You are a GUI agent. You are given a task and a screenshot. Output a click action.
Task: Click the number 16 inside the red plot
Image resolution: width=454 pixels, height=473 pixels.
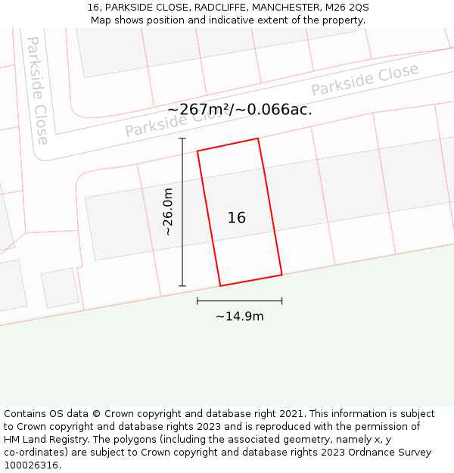(236, 218)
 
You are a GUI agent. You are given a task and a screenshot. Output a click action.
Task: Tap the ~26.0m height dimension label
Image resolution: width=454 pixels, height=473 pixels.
(168, 212)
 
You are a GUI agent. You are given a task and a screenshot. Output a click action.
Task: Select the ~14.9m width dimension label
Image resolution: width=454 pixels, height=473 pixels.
(240, 316)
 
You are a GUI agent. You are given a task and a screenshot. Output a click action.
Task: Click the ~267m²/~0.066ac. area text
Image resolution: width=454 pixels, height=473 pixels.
(240, 109)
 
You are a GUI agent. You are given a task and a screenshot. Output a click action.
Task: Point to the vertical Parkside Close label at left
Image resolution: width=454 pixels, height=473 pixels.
(37, 90)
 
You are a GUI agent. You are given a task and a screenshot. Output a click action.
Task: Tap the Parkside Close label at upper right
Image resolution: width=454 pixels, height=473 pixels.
(365, 80)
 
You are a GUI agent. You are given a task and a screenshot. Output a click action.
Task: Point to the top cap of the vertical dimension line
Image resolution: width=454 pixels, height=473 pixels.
(182, 138)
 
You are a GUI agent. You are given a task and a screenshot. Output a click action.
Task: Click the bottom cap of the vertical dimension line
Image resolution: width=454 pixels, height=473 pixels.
(182, 286)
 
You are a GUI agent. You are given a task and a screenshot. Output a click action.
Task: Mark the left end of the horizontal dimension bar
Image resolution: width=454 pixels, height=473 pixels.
(197, 300)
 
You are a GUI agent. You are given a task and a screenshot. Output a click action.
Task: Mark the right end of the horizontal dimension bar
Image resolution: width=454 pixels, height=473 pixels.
(282, 300)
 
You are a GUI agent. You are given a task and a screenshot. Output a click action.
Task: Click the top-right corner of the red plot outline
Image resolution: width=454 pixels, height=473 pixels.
(258, 138)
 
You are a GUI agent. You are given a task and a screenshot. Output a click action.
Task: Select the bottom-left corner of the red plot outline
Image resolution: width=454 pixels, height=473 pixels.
(220, 286)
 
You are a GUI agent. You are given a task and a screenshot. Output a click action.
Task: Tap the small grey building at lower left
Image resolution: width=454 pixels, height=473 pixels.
(60, 288)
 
